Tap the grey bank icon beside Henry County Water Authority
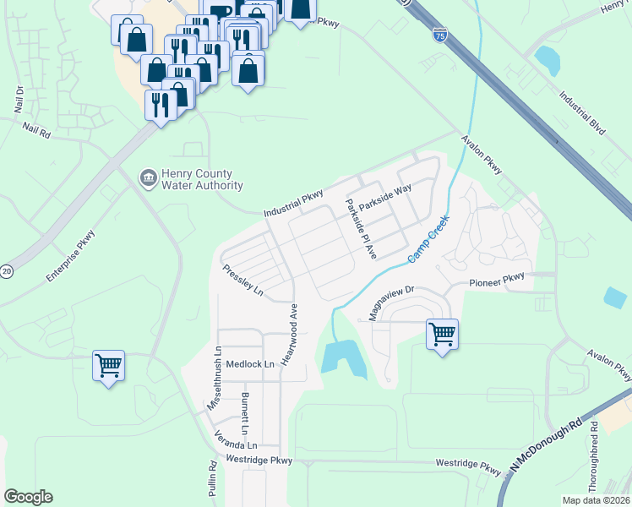click(148, 177)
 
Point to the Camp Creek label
click(428, 239)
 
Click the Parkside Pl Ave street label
click(361, 228)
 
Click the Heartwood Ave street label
click(288, 334)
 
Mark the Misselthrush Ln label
click(215, 379)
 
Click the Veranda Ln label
click(234, 444)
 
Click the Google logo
click(28, 497)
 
